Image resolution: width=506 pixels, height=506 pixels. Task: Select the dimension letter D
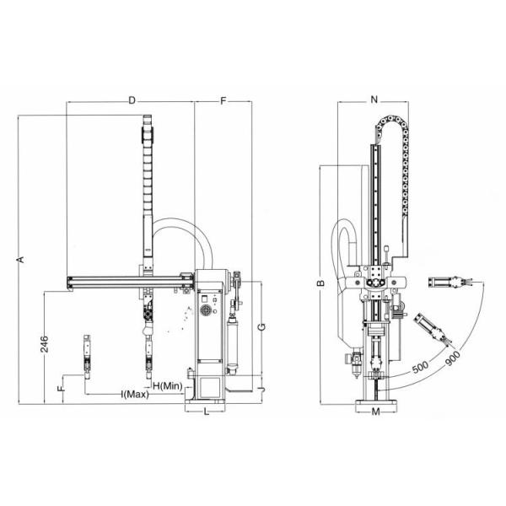tap(132, 100)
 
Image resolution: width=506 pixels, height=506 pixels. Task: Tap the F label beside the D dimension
tap(223, 100)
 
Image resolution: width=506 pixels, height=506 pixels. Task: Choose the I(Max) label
tap(135, 395)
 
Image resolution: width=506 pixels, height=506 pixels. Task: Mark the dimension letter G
tap(262, 326)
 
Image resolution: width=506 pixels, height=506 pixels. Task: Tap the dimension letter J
tap(262, 388)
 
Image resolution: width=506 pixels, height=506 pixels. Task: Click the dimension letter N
tap(374, 100)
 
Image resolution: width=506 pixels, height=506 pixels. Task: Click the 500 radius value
tap(423, 369)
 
